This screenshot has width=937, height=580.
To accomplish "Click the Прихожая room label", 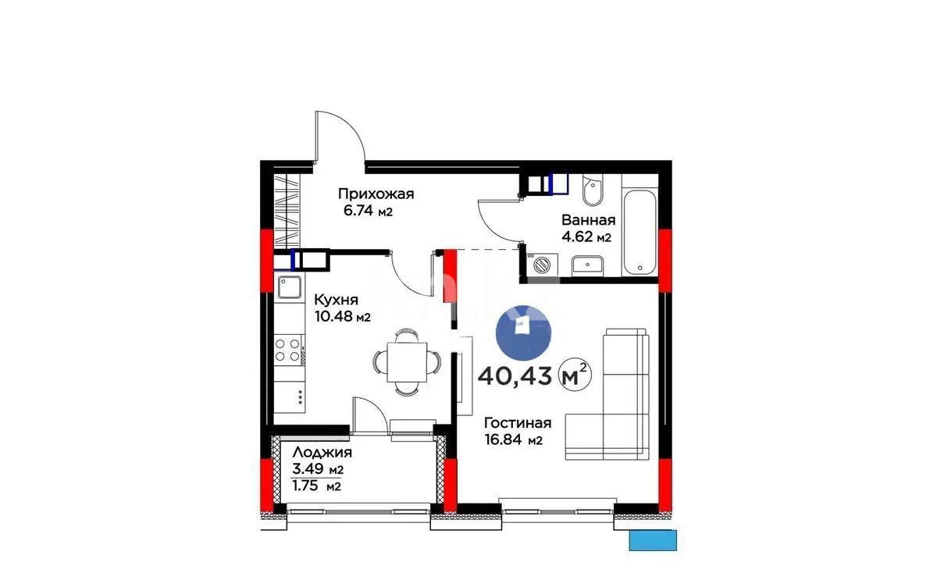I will (375, 194).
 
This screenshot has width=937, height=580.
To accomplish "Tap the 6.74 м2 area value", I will (367, 211).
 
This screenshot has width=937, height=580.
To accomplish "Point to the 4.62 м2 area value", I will (586, 237).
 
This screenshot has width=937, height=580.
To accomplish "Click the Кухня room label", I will (336, 300).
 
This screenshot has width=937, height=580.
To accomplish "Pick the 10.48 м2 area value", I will (341, 316).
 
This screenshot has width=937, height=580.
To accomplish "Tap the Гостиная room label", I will (518, 423).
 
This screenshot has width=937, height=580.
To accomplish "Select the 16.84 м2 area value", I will (513, 440).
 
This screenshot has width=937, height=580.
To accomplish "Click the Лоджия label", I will (322, 453).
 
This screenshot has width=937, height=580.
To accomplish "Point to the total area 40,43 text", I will (515, 376).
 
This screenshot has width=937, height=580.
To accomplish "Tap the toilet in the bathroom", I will (591, 190).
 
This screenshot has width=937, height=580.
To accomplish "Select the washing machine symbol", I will (540, 264).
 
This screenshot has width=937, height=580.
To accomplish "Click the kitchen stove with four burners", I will (289, 348).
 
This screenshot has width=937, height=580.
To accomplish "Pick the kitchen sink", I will (290, 286).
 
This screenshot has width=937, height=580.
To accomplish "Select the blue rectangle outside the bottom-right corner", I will (652, 540).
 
